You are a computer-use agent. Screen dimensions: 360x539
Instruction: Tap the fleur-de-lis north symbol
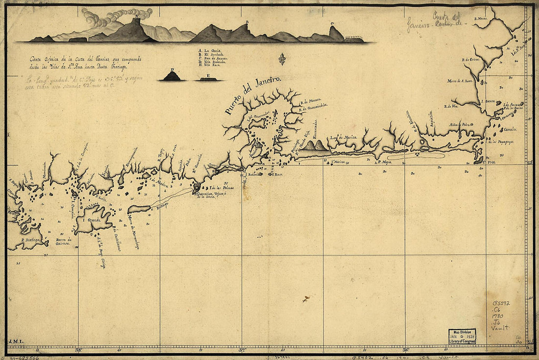(282, 59)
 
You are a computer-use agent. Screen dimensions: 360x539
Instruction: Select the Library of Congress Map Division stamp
(462, 336)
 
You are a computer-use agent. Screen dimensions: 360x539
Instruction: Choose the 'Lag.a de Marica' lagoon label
(343, 138)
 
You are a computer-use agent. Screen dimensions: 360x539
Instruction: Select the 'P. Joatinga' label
(30, 240)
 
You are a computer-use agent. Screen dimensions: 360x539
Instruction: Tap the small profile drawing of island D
(172, 75)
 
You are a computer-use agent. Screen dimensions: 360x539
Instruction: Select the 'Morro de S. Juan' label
(461, 81)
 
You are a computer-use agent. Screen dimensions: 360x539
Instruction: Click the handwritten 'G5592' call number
(502, 303)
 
